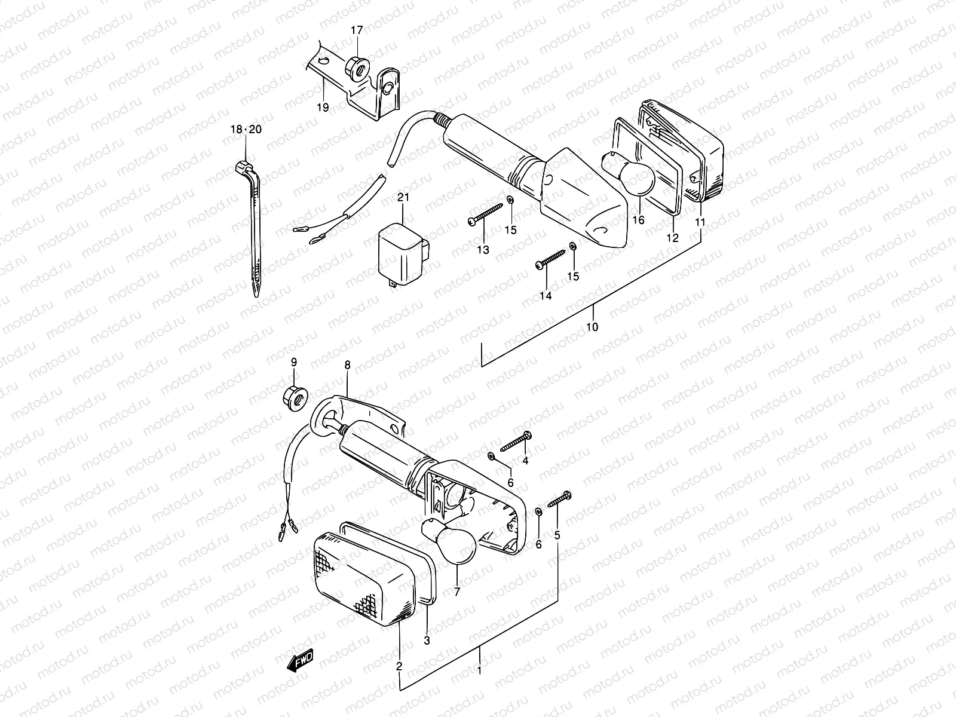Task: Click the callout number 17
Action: click(356, 30)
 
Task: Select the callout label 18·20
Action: click(246, 130)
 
